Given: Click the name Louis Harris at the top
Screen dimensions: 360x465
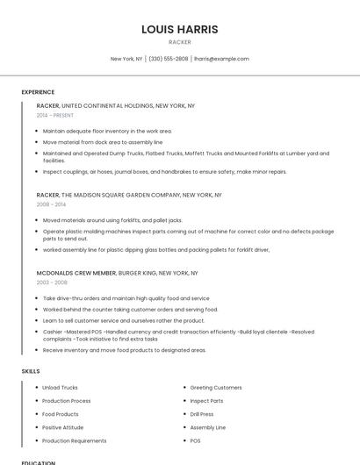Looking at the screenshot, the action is point(179,29).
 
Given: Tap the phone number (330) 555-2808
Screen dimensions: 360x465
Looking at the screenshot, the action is point(168,59).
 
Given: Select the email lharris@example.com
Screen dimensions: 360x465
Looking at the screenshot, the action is point(221,59).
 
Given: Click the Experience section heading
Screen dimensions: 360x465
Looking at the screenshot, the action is point(38,92).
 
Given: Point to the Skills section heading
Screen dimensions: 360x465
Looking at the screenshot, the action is point(31,371).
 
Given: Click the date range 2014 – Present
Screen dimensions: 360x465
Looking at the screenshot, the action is point(55,115).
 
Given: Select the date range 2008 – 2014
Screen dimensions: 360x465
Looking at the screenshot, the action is point(51,204).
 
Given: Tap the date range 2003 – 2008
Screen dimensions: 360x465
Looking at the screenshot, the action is point(52,283).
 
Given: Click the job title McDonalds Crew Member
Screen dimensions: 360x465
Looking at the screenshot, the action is point(76,273).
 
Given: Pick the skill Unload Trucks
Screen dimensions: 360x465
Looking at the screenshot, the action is point(60,387).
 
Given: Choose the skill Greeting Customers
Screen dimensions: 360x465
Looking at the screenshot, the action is point(216,387).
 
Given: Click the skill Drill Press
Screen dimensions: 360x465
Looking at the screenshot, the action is point(202,414).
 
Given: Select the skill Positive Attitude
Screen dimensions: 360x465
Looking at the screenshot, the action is point(62,427).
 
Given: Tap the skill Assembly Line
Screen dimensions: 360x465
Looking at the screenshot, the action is point(208,427).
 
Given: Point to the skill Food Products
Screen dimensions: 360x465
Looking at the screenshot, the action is point(61,414).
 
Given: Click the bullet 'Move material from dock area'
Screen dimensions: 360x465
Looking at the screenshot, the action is point(103,141).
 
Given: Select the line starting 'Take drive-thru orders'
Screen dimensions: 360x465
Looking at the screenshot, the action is point(126,298).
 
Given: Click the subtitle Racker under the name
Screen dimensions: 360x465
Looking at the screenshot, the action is point(179,42).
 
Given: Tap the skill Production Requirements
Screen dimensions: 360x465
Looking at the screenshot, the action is point(75,440).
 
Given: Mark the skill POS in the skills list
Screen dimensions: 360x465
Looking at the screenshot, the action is point(196,440).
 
